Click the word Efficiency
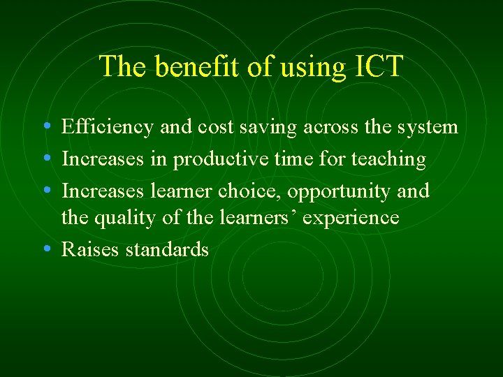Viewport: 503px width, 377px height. [108, 128]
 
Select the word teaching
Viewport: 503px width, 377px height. [388, 160]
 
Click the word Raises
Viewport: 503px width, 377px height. [90, 249]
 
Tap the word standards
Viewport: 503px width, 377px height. [167, 249]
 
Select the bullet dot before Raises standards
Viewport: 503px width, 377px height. [45, 249]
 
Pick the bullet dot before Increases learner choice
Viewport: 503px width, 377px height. [45, 191]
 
